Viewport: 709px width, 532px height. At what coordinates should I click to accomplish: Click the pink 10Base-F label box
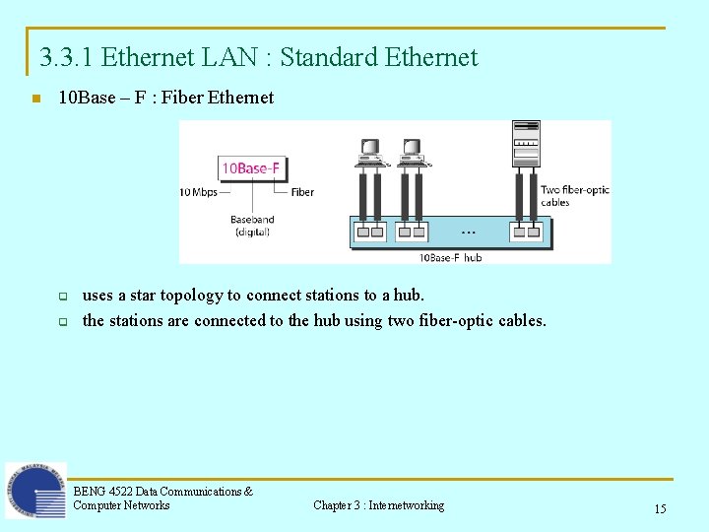click(250, 167)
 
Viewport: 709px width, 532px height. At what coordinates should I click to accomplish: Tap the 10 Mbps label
click(198, 192)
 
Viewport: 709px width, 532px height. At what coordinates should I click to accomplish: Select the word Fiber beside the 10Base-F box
click(302, 192)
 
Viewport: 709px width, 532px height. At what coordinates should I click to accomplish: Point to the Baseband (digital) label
click(252, 226)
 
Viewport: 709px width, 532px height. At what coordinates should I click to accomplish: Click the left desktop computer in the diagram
click(370, 152)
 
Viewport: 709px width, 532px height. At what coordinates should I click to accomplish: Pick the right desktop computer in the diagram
click(412, 152)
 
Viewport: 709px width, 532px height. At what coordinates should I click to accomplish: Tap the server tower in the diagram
click(526, 144)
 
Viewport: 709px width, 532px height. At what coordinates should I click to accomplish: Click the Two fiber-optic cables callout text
click(574, 196)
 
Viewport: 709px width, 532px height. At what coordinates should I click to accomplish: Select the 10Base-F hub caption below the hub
click(451, 257)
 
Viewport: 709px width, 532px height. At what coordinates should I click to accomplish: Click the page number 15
click(660, 508)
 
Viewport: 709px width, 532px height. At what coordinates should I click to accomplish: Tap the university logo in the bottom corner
click(35, 490)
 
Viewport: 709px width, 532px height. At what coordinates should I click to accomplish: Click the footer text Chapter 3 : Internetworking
click(378, 505)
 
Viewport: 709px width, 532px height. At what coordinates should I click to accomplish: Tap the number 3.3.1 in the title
click(67, 57)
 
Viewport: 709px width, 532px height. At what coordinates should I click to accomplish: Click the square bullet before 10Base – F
click(34, 99)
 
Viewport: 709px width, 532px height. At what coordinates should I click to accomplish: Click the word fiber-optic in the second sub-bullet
click(456, 320)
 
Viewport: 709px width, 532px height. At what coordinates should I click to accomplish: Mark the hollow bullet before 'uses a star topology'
click(61, 296)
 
